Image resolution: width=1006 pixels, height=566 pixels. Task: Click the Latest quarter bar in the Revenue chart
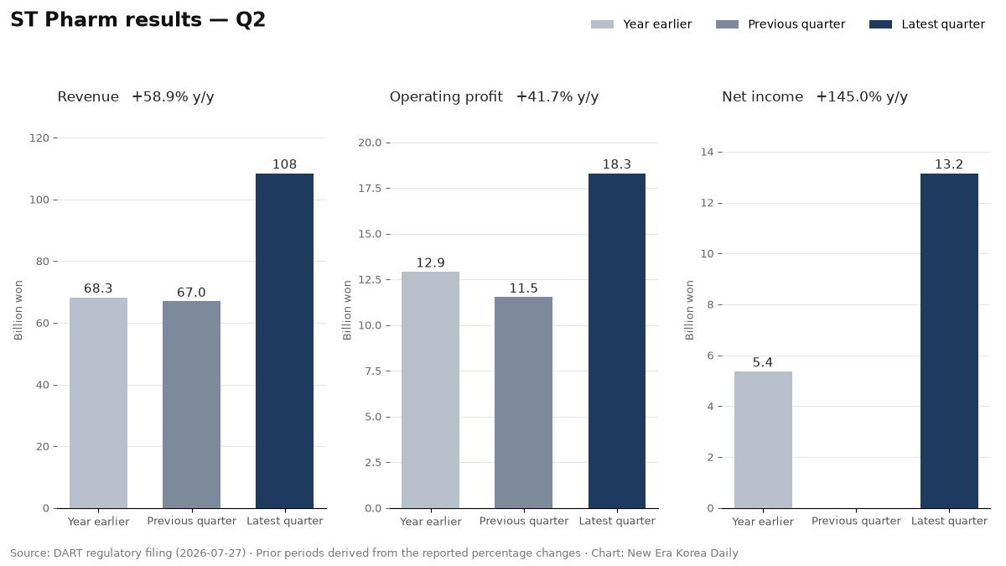click(284, 341)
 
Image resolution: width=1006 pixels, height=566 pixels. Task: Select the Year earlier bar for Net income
click(763, 439)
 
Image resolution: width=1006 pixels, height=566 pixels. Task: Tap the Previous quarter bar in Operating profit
click(524, 402)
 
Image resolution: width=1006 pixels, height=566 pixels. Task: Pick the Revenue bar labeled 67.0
click(191, 405)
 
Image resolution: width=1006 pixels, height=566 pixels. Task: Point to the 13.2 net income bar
click(949, 341)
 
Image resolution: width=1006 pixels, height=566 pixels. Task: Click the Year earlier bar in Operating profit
click(430, 390)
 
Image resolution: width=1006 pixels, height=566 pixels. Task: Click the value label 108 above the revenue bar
click(284, 164)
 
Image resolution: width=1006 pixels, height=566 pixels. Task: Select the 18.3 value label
click(617, 164)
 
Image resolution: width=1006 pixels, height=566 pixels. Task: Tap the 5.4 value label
click(763, 362)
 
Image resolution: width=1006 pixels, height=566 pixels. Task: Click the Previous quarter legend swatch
click(727, 24)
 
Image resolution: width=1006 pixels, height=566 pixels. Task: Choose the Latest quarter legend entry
click(927, 24)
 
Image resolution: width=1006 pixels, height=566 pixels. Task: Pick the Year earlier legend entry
click(641, 24)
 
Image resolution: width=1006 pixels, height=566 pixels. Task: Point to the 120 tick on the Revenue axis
click(39, 138)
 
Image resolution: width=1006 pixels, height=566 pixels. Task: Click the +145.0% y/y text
click(862, 97)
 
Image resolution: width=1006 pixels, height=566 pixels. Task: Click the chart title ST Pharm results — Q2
click(137, 20)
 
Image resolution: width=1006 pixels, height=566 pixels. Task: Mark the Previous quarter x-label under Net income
click(856, 521)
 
